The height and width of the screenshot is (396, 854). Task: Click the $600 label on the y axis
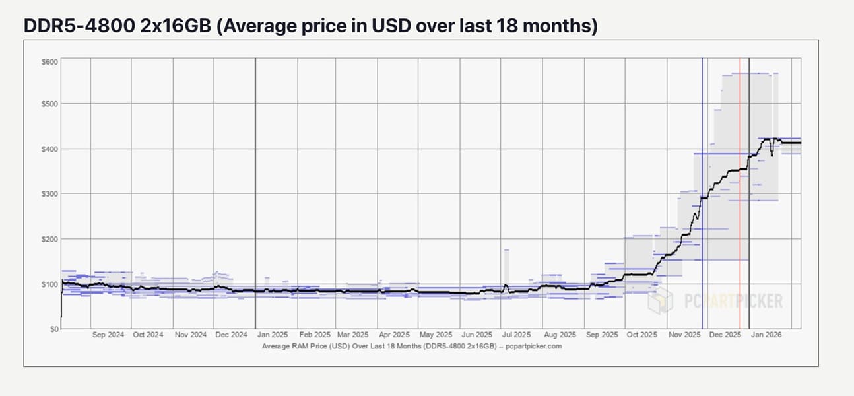[50, 62]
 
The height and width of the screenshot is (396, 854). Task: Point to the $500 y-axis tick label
[50, 104]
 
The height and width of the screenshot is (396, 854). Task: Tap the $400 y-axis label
[50, 149]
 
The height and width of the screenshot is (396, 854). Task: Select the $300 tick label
[50, 194]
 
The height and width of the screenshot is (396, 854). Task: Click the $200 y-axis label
[50, 239]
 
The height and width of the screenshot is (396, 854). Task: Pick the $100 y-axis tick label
[50, 284]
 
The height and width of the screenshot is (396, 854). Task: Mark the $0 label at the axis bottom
[54, 329]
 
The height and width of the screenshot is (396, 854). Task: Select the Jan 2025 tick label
[272, 335]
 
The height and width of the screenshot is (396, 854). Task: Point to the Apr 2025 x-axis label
[395, 335]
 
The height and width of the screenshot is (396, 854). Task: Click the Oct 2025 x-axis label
[642, 335]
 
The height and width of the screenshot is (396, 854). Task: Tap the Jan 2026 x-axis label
[766, 335]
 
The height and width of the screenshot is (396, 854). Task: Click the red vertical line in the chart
[740, 198]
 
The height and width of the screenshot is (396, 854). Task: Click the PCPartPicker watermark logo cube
[660, 301]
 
